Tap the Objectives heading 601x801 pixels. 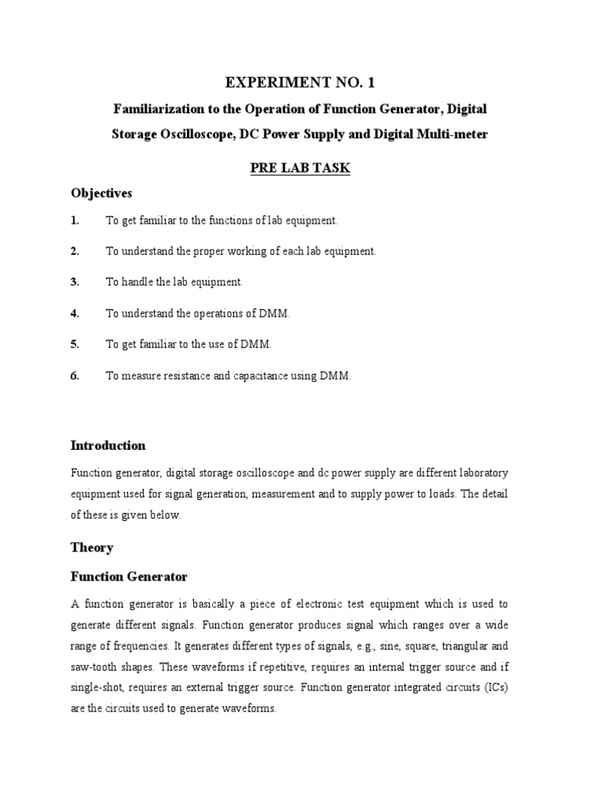point(102,192)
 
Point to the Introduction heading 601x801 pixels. point(108,446)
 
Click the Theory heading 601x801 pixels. point(92,548)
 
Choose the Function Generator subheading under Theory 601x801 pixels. point(129,577)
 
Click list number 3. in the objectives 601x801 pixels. point(75,282)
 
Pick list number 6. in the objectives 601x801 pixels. point(75,375)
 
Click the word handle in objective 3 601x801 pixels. point(137,282)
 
